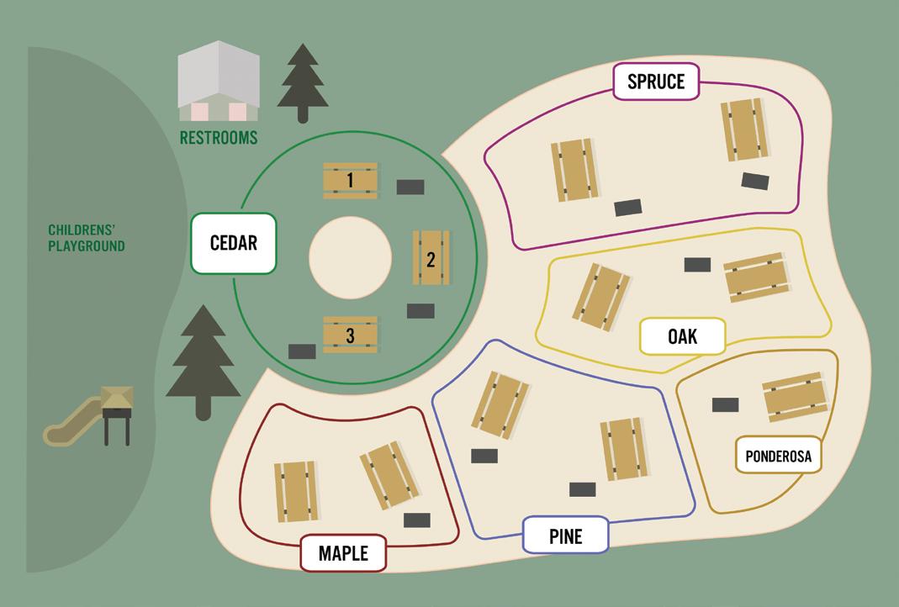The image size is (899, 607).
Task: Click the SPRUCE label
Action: (656, 82)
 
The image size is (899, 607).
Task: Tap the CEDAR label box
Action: (233, 243)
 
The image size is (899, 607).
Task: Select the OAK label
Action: (682, 336)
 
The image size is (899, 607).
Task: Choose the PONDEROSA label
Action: (779, 457)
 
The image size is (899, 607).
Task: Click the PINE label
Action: (565, 535)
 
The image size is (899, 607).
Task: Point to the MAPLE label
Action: (343, 553)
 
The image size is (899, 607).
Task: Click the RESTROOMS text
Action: (219, 137)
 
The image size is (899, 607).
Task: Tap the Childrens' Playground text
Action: (86, 238)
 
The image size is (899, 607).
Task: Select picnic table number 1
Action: (350, 180)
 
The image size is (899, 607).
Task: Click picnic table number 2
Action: (431, 258)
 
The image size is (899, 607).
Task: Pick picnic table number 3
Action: (350, 335)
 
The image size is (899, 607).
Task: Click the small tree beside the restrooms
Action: (302, 82)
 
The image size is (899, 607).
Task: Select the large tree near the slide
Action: (202, 362)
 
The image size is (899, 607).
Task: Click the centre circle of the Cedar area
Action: (350, 257)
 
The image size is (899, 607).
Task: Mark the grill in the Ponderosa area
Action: (725, 404)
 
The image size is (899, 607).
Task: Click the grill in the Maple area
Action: (416, 520)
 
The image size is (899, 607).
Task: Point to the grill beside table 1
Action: (410, 187)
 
